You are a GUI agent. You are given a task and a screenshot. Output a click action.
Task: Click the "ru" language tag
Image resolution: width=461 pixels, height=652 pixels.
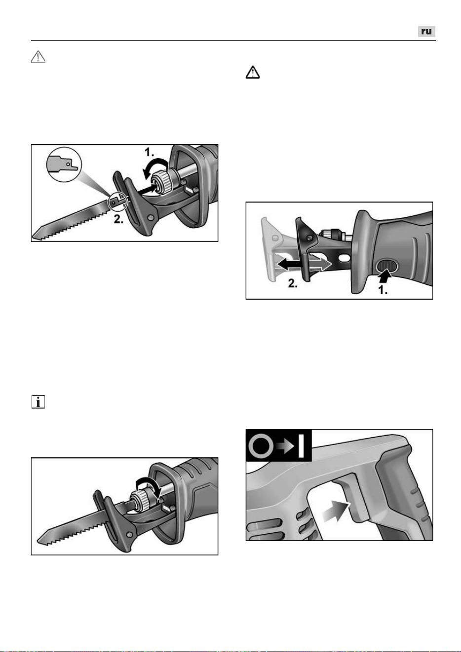(x=426, y=32)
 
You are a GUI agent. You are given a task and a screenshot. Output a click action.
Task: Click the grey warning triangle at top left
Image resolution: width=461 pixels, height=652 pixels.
(x=38, y=57)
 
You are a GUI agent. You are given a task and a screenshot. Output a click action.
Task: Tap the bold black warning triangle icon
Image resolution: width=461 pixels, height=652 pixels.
(x=253, y=72)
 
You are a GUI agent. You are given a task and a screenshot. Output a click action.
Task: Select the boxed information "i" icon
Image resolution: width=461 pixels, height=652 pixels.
(x=38, y=402)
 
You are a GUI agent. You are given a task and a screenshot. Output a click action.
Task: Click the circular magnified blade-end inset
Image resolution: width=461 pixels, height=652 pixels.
(x=64, y=165)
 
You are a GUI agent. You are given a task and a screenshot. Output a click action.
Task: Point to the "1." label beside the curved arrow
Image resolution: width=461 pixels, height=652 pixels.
(x=149, y=152)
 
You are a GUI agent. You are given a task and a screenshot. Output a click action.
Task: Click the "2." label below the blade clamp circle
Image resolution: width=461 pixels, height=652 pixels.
(x=118, y=219)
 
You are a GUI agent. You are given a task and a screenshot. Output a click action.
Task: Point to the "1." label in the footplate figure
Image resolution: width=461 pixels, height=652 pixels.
(x=383, y=290)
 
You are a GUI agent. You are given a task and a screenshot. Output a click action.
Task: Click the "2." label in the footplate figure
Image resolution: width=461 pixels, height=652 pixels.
(x=293, y=283)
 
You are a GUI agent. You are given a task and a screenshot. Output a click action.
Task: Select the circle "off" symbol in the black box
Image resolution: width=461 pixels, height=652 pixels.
(x=261, y=446)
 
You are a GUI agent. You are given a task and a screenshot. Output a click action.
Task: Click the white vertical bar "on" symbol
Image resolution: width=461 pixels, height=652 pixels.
(x=302, y=446)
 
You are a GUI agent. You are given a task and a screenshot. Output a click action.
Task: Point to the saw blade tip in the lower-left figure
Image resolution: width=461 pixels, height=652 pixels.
(x=39, y=542)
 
